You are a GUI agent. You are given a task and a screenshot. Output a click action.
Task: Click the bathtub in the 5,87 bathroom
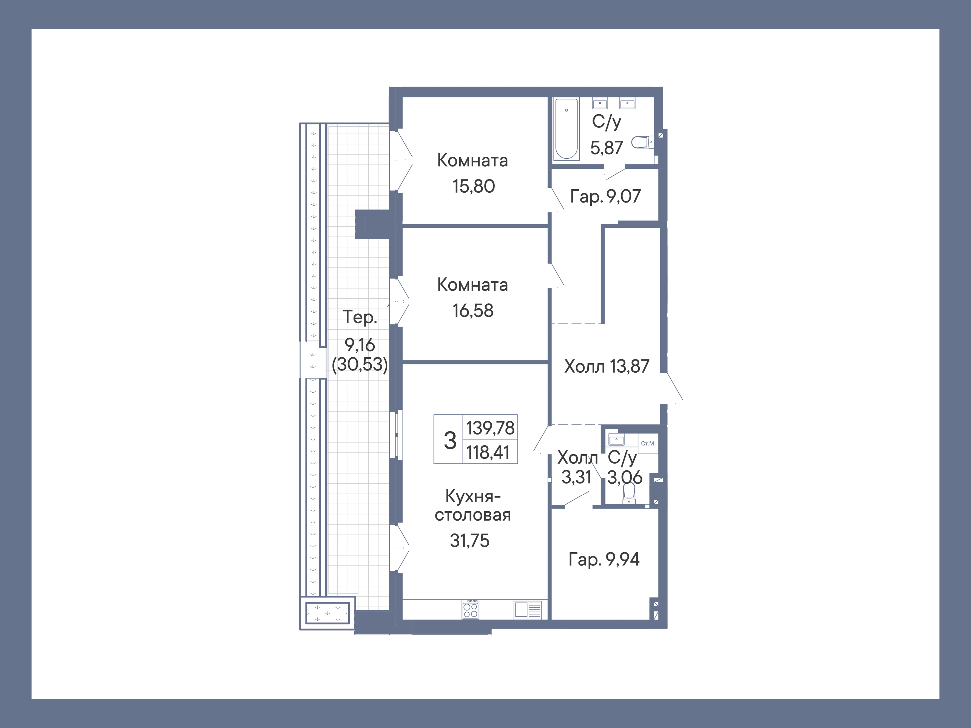pyautogui.click(x=566, y=128)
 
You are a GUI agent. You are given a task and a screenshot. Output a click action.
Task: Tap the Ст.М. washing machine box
pyautogui.click(x=648, y=443)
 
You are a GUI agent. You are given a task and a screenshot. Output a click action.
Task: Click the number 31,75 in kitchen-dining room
pyautogui.click(x=469, y=541)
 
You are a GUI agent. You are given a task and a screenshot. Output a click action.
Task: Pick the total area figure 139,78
pyautogui.click(x=490, y=428)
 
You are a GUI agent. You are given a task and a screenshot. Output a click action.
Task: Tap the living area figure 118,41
pyautogui.click(x=488, y=452)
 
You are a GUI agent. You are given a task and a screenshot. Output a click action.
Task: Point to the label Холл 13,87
pyautogui.click(x=606, y=366)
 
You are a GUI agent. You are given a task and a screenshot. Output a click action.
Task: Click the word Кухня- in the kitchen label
pyautogui.click(x=473, y=496)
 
